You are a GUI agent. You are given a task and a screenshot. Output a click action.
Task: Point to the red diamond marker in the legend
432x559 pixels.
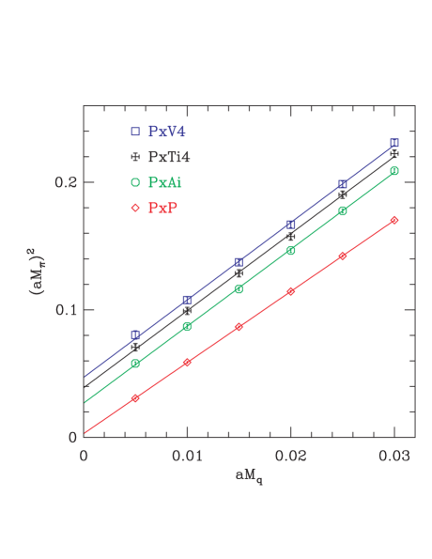tap(135, 206)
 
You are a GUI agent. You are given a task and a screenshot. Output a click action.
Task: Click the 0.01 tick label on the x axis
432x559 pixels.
tap(187, 456)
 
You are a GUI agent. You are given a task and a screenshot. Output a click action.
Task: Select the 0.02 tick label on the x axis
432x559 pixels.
tap(290, 456)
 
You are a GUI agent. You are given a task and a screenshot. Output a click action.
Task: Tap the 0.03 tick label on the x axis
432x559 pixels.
tap(393, 456)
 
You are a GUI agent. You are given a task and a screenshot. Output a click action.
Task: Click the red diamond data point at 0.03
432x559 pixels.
tap(394, 220)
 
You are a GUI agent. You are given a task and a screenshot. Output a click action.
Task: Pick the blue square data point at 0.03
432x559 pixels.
tap(394, 143)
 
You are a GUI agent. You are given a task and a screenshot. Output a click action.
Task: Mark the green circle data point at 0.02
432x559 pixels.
tap(291, 250)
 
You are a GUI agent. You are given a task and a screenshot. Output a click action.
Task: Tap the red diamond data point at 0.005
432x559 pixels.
tap(136, 398)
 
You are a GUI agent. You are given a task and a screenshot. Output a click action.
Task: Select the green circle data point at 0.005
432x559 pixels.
tap(136, 363)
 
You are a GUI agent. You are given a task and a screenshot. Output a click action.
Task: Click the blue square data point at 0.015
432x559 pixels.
tap(239, 262)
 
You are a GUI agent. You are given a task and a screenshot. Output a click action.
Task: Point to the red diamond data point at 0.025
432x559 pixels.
tap(343, 256)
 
